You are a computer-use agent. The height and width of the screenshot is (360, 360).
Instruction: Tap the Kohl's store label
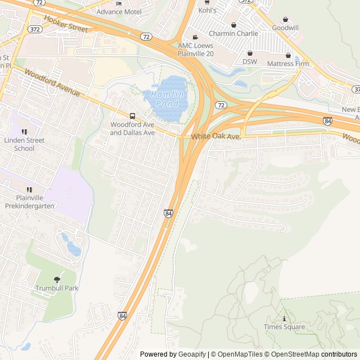(x=207, y=10)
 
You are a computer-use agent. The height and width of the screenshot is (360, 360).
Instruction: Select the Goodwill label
(x=285, y=28)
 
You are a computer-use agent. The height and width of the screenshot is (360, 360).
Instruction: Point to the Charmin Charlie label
(x=233, y=33)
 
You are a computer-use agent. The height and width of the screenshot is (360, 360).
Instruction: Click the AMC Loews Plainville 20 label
(x=196, y=49)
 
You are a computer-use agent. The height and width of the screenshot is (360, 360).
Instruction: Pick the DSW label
(x=249, y=61)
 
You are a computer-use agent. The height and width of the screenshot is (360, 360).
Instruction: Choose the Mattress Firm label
(x=288, y=64)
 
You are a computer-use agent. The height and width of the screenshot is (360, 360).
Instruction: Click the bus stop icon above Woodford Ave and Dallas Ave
(x=132, y=116)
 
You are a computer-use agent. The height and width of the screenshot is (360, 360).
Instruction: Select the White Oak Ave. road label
(x=215, y=137)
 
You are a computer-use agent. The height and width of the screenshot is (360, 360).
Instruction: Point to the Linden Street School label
(x=24, y=145)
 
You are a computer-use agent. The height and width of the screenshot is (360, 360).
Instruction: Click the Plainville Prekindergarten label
(x=28, y=202)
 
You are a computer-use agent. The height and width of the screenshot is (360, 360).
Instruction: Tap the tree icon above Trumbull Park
(x=57, y=280)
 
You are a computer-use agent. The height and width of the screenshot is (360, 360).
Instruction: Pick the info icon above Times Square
(x=284, y=318)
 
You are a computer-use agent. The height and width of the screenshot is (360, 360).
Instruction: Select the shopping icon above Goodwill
(x=285, y=19)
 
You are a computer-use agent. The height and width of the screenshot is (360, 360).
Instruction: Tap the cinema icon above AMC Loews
(x=195, y=37)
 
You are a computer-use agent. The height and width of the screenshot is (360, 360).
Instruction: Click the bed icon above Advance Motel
(x=119, y=3)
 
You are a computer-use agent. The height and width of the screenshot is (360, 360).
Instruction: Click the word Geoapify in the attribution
(x=192, y=354)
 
